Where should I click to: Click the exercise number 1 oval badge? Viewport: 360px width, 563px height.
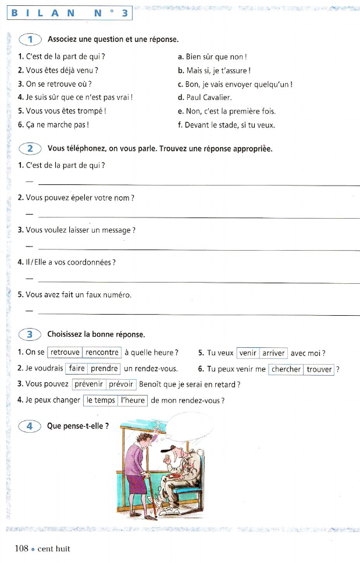pyautogui.click(x=30, y=40)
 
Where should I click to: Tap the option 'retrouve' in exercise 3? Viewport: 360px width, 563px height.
pyautogui.click(x=65, y=352)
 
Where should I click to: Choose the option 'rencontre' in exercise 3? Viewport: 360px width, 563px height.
pyautogui.click(x=102, y=352)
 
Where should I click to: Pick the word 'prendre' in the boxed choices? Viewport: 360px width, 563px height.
pyautogui.click(x=105, y=368)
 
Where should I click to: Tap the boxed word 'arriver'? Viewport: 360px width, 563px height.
pyautogui.click(x=273, y=353)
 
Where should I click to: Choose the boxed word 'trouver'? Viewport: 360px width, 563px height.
pyautogui.click(x=319, y=369)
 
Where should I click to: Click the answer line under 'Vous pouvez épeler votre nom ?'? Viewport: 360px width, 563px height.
pyautogui.click(x=198, y=218)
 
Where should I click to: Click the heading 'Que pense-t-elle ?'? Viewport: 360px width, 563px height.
pyautogui.click(x=78, y=426)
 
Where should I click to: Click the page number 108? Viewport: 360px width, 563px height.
pyautogui.click(x=23, y=548)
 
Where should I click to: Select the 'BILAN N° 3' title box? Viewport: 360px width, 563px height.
pyautogui.click(x=70, y=12)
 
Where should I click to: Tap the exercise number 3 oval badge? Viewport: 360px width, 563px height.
pyautogui.click(x=30, y=334)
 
